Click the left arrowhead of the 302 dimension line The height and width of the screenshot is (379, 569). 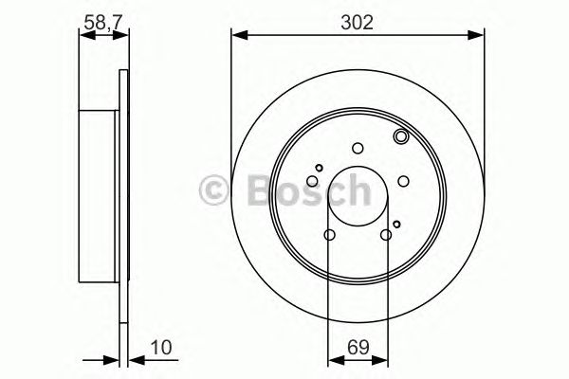(238, 36)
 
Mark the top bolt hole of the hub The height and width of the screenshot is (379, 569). (358, 147)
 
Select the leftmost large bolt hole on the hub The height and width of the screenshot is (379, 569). (312, 181)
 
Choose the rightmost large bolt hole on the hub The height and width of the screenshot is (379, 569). (403, 181)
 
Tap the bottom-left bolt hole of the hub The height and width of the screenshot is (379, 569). (329, 235)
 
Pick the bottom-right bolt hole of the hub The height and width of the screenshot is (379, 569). (386, 235)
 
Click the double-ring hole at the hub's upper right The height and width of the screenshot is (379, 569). (400, 138)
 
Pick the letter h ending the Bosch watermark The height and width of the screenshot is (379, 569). (354, 189)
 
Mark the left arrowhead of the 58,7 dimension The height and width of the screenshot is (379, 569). (83, 36)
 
